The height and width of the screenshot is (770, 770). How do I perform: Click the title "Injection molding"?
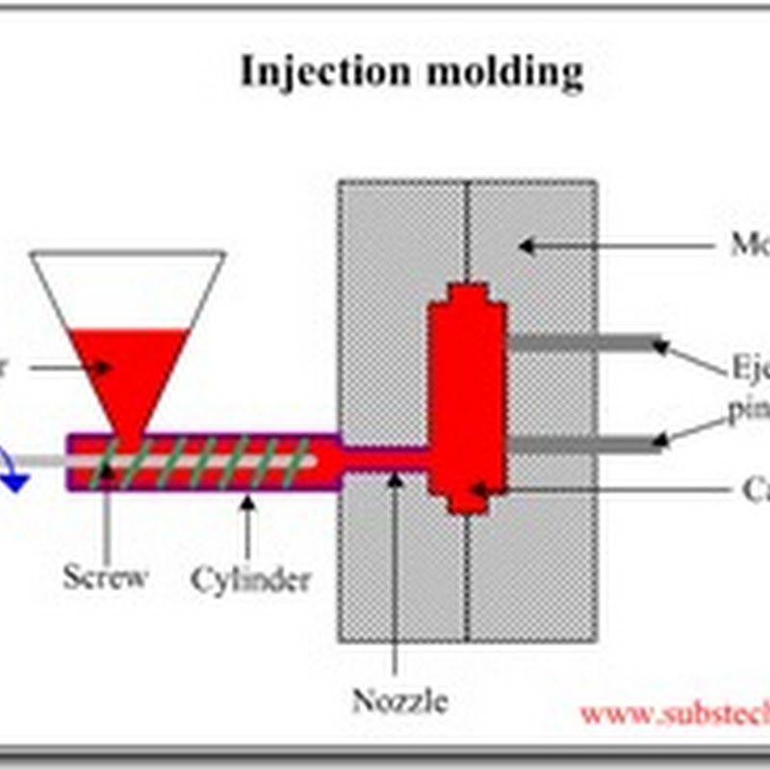pos(411,72)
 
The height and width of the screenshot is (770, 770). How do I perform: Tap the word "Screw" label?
pos(105,577)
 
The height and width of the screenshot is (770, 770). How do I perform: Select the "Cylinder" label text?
pos(250,579)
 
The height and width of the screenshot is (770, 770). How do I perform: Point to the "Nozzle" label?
pos(399,700)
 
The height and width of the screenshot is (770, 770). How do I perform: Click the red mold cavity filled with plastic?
pos(467,395)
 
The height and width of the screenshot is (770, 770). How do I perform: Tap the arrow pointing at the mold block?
pos(616,246)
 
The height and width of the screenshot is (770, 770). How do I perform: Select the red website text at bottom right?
pos(674,713)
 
